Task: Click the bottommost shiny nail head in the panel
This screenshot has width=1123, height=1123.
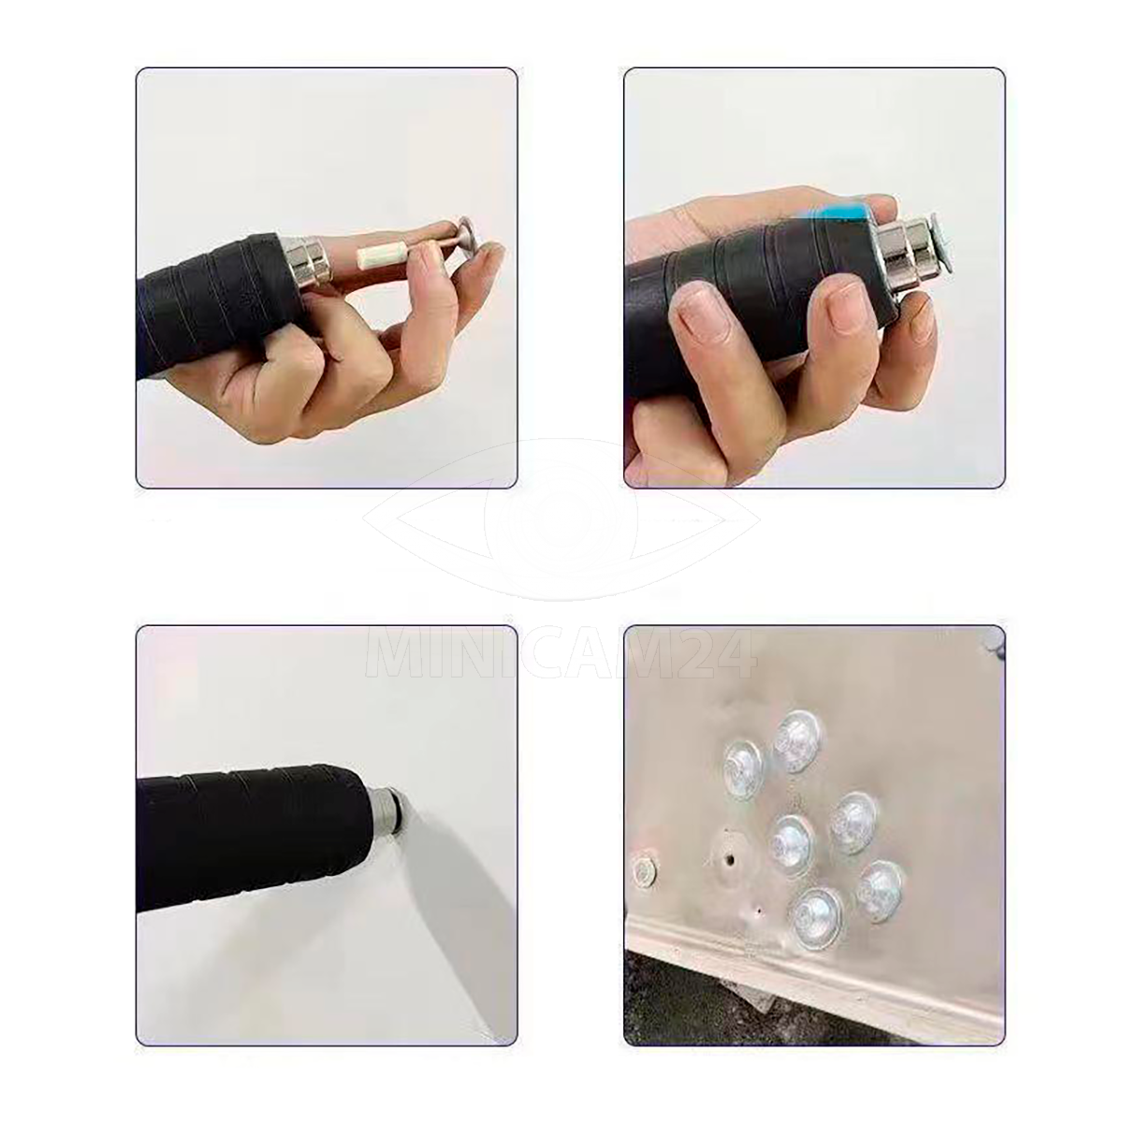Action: point(816,926)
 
